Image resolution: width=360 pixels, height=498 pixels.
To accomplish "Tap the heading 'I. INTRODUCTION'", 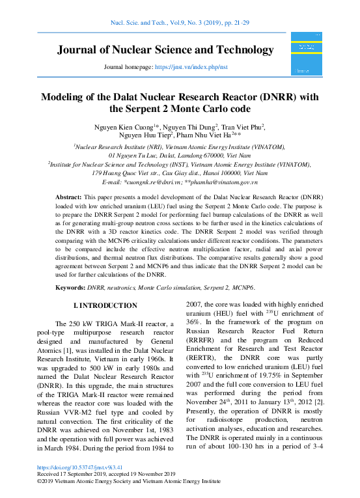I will tap(105, 305).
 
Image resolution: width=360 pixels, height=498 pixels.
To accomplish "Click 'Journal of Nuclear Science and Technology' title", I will tap(166, 50).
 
